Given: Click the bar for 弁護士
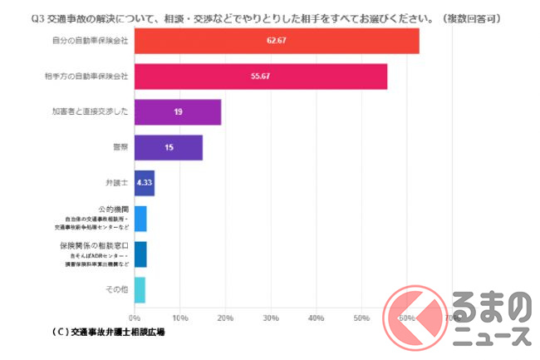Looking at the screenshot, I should [144, 183].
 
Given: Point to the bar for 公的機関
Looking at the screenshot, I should [140, 219].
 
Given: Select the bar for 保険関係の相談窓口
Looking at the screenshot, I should [140, 254].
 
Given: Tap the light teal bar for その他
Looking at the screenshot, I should [140, 289].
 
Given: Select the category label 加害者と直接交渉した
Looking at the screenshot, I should [91, 111].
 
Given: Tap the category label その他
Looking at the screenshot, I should [117, 289].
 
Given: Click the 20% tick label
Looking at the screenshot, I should [224, 318].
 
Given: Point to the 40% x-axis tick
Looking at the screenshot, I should [316, 318].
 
